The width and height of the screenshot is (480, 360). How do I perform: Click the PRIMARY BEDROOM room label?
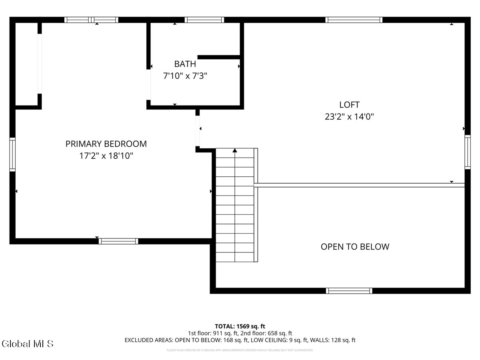[106, 144]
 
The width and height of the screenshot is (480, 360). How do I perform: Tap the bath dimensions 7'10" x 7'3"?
[185, 75]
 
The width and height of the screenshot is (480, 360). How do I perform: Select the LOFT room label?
[349, 105]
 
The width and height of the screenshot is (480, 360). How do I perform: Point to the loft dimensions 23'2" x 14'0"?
[349, 117]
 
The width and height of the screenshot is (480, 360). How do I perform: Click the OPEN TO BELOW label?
[355, 247]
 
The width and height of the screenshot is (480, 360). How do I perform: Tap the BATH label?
[185, 64]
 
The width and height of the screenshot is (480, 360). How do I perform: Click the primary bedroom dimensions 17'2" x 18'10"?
[106, 156]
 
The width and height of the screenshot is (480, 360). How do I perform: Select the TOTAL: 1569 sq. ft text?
[240, 326]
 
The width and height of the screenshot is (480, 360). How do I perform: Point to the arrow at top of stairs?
[235, 151]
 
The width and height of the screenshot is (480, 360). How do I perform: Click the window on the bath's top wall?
[204, 20]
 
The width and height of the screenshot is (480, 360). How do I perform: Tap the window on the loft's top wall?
[354, 20]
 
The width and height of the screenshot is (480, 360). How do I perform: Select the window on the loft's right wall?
[467, 152]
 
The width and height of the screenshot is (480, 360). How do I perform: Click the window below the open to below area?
[349, 291]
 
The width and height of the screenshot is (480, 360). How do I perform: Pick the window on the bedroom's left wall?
[12, 154]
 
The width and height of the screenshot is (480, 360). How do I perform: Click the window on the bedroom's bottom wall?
[118, 241]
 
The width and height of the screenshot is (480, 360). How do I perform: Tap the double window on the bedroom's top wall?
[92, 20]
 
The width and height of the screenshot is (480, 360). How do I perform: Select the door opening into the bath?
[148, 84]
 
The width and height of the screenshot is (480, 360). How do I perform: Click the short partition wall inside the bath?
[218, 57]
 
